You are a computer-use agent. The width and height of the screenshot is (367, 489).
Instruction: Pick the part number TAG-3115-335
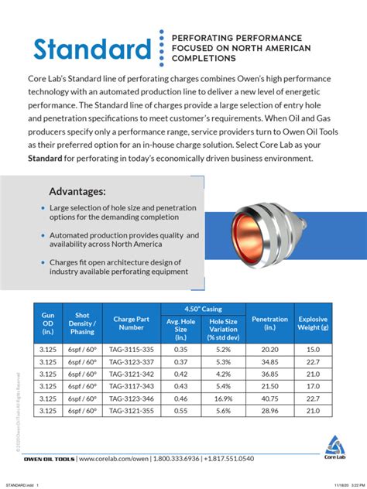click(x=132, y=349)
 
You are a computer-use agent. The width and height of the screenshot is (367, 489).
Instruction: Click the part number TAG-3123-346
click(x=132, y=398)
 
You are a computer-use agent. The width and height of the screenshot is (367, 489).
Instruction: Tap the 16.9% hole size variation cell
click(x=223, y=398)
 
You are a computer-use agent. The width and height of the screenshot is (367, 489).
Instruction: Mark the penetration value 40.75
click(x=270, y=398)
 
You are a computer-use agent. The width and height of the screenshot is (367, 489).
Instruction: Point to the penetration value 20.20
click(x=270, y=349)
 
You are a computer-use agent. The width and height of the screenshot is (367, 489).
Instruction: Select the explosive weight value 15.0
click(x=312, y=349)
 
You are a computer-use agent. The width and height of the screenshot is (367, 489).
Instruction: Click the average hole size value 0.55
click(x=180, y=411)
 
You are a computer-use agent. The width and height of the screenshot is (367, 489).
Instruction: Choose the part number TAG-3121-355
click(x=132, y=411)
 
